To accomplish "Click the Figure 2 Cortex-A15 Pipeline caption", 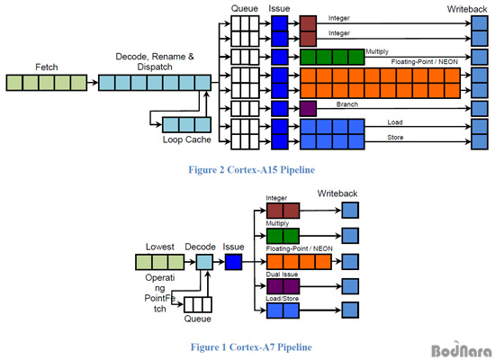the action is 252,170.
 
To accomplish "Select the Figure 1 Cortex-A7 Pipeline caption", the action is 251,347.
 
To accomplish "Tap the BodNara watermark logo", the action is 462,349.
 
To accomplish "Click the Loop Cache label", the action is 187,139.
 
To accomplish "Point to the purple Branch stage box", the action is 308,109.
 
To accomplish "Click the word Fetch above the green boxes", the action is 47,67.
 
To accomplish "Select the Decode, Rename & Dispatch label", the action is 155,61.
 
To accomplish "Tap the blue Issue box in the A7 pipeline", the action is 233,262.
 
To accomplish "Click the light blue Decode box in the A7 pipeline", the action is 204,262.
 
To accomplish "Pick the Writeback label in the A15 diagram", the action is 467,9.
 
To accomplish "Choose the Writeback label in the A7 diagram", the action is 337,193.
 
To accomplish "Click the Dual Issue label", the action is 282,274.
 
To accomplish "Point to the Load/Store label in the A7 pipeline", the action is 282,299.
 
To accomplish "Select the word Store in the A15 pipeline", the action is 395,138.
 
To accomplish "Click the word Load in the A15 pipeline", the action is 395,122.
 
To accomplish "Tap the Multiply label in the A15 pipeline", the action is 377,51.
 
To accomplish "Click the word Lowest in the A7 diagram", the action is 160,247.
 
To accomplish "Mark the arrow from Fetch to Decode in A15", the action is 93,83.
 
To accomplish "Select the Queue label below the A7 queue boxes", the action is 198,319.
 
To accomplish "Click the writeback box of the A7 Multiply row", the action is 350,236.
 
